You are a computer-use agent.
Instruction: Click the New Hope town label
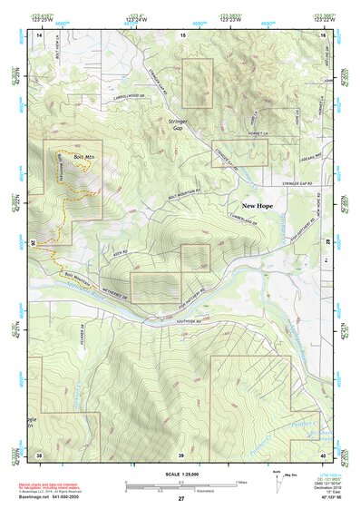[x=257, y=206]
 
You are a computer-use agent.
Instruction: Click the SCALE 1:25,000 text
[x=180, y=475]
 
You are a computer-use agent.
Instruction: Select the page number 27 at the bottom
[x=180, y=499]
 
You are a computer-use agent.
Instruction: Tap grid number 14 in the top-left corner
[x=39, y=34]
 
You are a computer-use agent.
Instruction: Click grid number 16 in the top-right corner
[x=321, y=34]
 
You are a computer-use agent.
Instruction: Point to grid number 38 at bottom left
[x=39, y=454]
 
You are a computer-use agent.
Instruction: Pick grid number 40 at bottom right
[x=321, y=454]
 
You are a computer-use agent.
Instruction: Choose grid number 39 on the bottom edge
[x=180, y=454]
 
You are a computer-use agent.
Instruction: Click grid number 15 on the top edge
[x=181, y=34]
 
